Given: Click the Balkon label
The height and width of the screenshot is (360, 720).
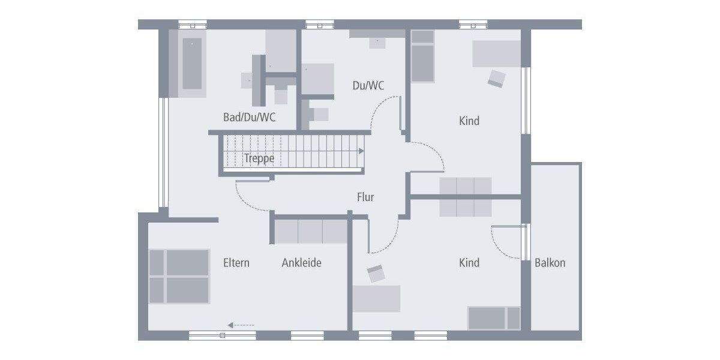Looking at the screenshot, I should (550, 263).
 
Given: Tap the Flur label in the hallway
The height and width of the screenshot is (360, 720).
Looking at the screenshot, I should (365, 197).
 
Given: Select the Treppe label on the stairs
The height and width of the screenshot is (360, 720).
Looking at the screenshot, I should (259, 158).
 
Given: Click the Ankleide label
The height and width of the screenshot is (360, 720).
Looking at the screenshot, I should (301, 263).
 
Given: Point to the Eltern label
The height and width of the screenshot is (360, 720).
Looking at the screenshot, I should (236, 263).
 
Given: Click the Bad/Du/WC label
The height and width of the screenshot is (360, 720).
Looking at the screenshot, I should (250, 118).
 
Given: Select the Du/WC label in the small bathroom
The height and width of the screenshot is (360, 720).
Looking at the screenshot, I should (368, 86).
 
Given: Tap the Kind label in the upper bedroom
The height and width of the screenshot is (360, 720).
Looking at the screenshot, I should (469, 121).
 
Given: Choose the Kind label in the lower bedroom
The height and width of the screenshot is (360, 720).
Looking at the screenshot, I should (469, 263).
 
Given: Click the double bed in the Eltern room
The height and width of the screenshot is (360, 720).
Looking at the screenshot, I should (179, 276).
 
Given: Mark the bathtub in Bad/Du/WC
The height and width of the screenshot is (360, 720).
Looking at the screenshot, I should (191, 64).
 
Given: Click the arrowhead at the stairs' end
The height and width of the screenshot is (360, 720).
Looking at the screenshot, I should (362, 151).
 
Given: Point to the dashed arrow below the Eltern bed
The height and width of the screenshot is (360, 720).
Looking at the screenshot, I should (241, 325).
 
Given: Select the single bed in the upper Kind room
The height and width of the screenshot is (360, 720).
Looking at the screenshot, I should (422, 55).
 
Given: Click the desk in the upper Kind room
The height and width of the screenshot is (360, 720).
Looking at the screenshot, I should (496, 54).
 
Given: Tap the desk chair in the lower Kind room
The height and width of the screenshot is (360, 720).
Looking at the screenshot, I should (376, 274).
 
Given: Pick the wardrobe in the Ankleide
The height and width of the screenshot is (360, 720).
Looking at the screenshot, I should (311, 232).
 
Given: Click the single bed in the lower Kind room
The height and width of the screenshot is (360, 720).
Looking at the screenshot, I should (494, 318).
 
